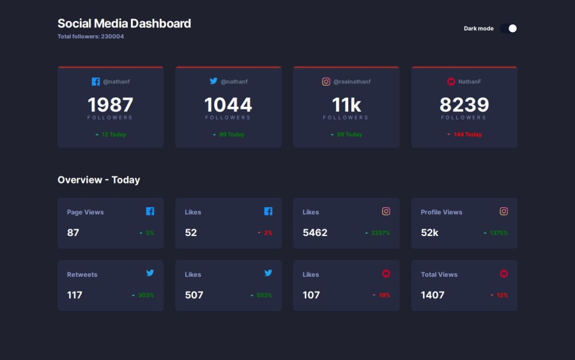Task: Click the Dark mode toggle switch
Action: (509, 28)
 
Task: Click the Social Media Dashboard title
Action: (124, 24)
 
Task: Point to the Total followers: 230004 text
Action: (91, 36)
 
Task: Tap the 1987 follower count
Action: (111, 104)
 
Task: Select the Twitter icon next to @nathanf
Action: (213, 81)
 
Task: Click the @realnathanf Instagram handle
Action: (352, 82)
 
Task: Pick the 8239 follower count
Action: (464, 104)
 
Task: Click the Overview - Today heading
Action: (98, 180)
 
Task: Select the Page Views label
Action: (85, 212)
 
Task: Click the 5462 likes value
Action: (315, 233)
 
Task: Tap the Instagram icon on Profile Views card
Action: (503, 211)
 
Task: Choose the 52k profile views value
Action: (429, 233)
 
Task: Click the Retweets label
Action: (82, 275)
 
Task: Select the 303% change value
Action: (146, 295)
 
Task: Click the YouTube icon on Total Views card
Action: (503, 274)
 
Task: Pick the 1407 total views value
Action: (433, 295)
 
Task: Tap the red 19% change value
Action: (384, 295)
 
